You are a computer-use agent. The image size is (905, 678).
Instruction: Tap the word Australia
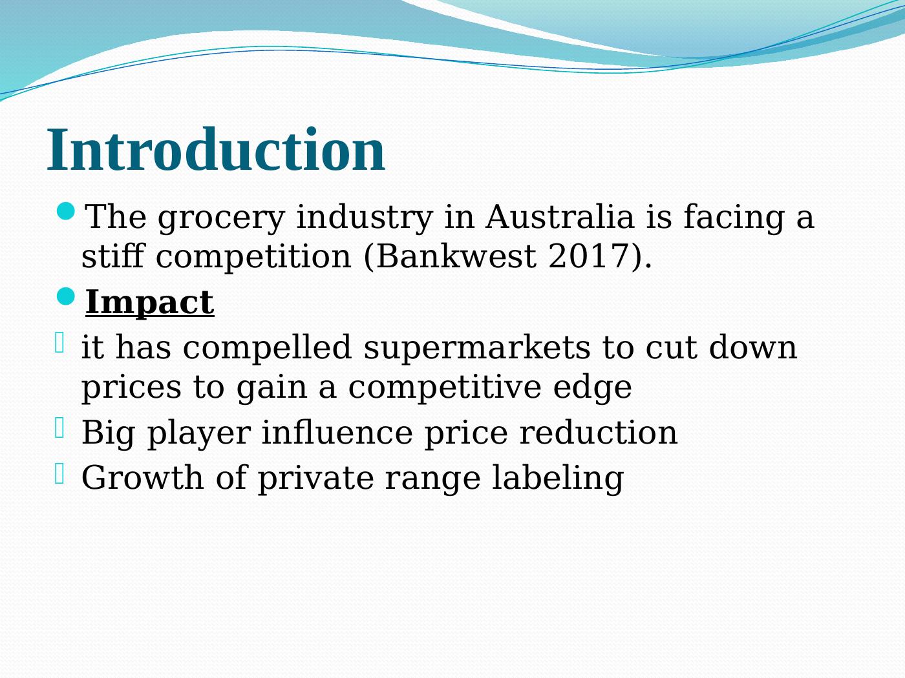pos(560,217)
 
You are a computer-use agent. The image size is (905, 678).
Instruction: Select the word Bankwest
pos(456,257)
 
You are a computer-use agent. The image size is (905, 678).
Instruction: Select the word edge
pos(592,388)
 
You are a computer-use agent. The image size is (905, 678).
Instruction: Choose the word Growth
pos(143,478)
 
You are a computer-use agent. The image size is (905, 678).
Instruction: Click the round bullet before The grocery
pos(65,212)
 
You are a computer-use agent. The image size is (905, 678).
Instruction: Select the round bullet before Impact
pos(65,296)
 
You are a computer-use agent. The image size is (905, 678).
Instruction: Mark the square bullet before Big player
pos(59,427)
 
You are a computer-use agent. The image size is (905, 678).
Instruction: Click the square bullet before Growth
pos(59,473)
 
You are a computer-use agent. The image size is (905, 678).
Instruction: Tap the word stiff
pos(113,257)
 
